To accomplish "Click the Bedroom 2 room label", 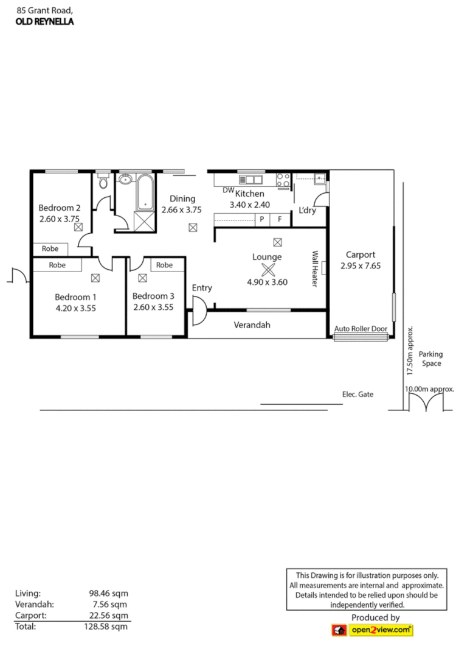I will coord(60,207).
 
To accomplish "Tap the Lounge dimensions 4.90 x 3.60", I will coord(267,282).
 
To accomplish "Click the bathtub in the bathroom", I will coord(145,192).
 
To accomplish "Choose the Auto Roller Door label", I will coord(361,329).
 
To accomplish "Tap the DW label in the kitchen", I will coord(228,191).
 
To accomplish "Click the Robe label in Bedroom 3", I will coord(164,265).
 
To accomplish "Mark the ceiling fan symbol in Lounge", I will coord(268,269).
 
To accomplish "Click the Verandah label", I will coord(252,325).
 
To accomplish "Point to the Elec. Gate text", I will coord(358,395).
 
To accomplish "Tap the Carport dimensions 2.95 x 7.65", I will coord(361,266).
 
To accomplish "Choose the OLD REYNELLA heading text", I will coord(45,21).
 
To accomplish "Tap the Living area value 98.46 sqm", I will coord(108,593).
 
